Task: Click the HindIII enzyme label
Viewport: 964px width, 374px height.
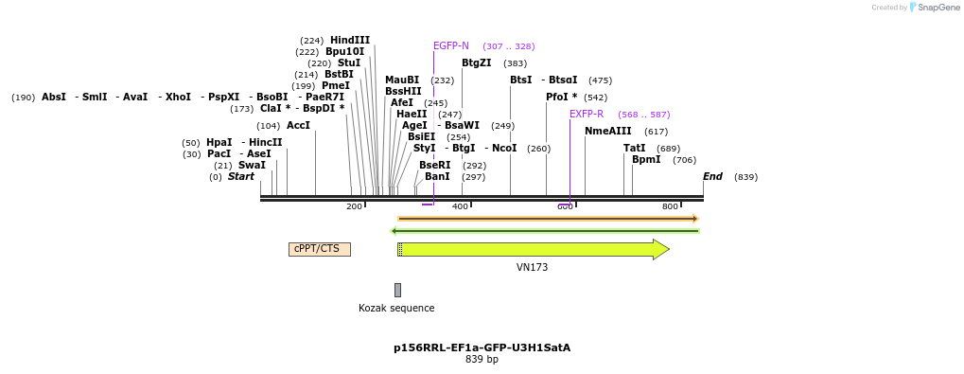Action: (x=350, y=40)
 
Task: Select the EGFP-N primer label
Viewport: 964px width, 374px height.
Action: (x=450, y=45)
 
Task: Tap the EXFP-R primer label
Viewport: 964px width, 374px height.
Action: (x=587, y=114)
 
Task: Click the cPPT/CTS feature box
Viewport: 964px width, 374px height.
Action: (x=319, y=249)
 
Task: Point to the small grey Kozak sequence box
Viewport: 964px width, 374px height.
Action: (x=397, y=290)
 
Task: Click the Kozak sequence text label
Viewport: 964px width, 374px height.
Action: (x=396, y=308)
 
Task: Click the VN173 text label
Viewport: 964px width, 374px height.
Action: (x=532, y=268)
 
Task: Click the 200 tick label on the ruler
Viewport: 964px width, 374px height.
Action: (x=354, y=206)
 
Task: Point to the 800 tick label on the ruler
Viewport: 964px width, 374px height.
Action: (x=670, y=206)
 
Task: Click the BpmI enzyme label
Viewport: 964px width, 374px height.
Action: (x=646, y=160)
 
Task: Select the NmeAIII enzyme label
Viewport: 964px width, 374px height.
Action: (x=607, y=131)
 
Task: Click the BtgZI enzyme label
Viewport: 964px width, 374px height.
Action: (x=477, y=63)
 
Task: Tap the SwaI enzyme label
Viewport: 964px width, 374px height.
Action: (x=252, y=165)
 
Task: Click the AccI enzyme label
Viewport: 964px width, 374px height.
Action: (x=298, y=125)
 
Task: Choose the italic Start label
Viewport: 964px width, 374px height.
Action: (x=240, y=176)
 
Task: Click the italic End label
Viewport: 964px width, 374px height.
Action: (x=712, y=176)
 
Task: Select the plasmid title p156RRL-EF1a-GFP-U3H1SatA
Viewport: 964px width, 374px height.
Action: (x=482, y=347)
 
